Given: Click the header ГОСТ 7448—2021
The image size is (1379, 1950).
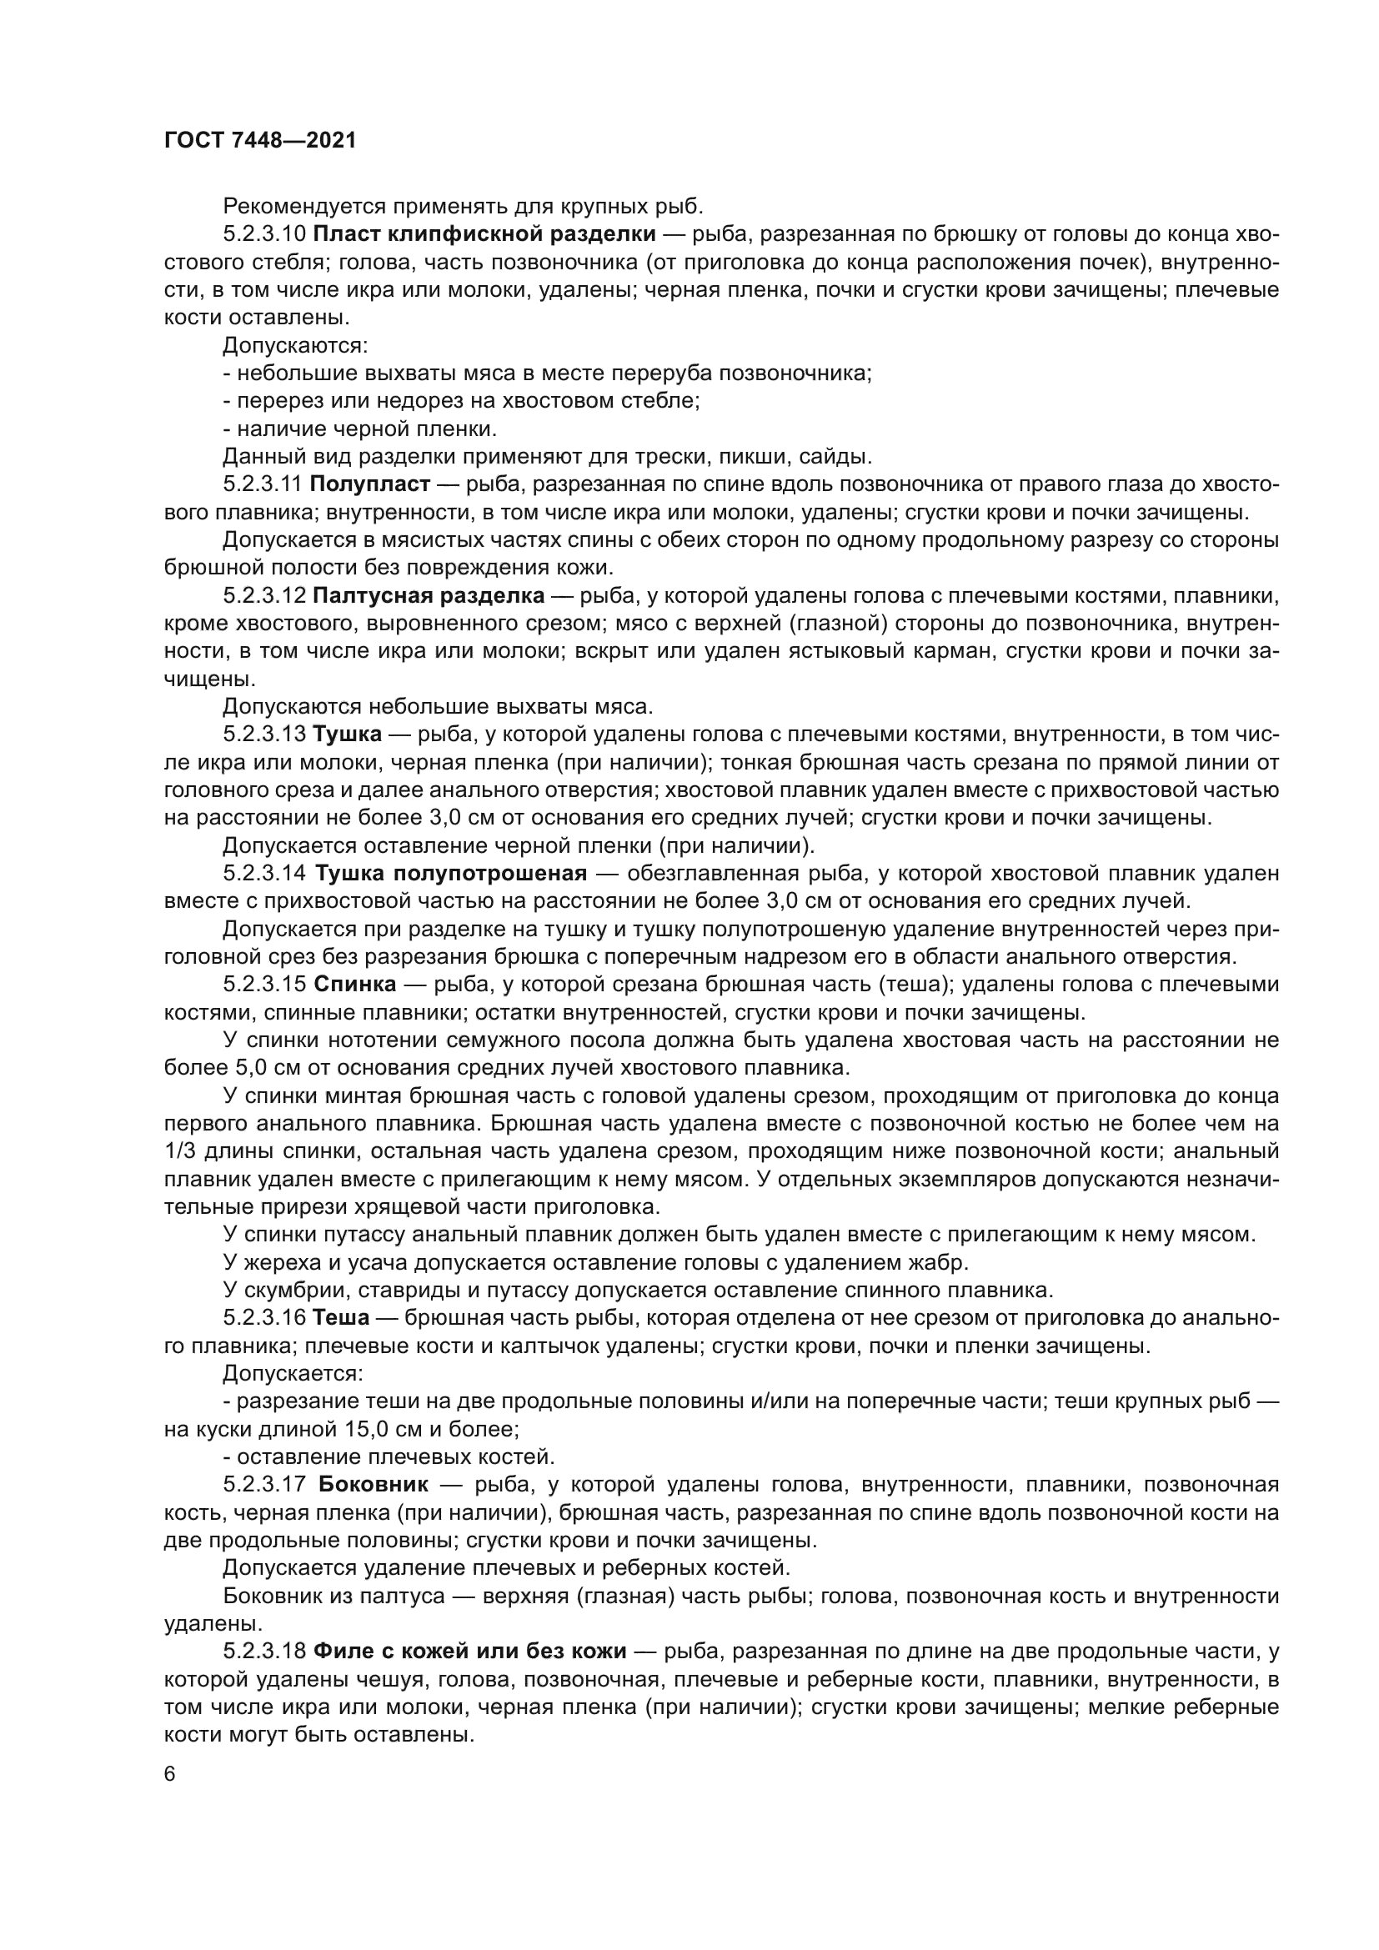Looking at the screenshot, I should (x=259, y=141).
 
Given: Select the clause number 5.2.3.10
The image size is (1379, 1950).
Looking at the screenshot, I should (x=263, y=234).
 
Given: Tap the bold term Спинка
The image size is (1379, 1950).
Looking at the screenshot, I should (x=355, y=985).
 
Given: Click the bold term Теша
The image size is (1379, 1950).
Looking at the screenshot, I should (x=340, y=1317).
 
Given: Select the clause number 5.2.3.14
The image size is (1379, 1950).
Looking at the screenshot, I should (x=263, y=874).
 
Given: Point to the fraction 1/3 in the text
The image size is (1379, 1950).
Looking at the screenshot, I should (x=180, y=1151).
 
